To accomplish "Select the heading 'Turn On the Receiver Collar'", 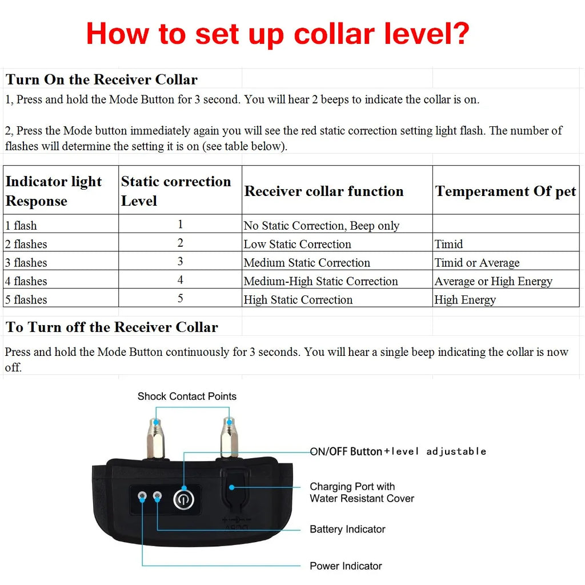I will pos(102,79).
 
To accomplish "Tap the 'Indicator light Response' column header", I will pos(54,191).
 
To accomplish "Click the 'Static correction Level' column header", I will pos(176,191).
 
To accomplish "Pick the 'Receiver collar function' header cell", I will pos(324,191).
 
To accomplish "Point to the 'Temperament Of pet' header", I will pos(506,191).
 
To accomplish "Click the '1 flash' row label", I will pos(21,226).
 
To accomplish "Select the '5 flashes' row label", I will pos(26,299).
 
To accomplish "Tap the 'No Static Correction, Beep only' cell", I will pos(322,226).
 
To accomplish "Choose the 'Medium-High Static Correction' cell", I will pos(320,281).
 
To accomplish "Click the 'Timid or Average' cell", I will pos(477,263).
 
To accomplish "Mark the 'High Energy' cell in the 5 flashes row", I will pos(465,299).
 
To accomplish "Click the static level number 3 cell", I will pos(181,262).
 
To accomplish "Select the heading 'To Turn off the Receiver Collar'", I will pos(112,327).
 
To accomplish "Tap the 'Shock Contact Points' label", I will pos(187,396).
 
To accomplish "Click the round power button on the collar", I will pos(183,500).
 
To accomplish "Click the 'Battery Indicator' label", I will pos(347,530).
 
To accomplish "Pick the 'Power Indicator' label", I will pos(346,566).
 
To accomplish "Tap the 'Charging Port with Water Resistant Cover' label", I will pos(362,492).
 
